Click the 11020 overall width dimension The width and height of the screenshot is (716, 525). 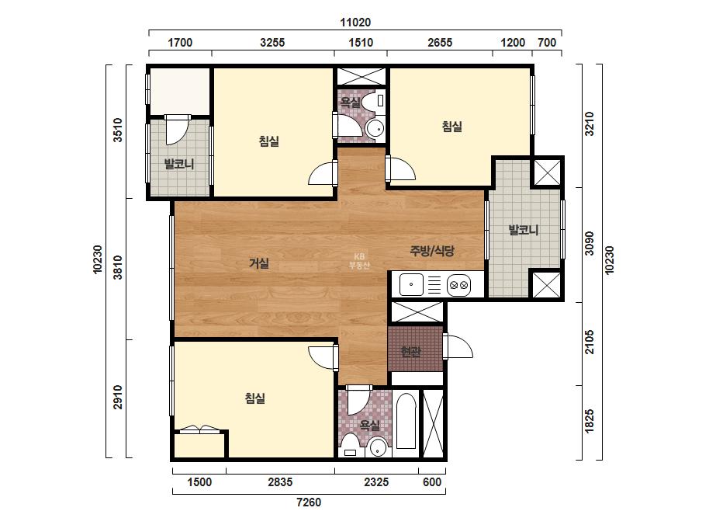(x=355, y=22)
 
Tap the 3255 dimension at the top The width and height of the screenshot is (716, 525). (x=272, y=43)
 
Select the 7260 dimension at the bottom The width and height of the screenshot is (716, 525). (x=309, y=502)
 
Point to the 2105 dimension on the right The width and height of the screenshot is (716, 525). (x=590, y=342)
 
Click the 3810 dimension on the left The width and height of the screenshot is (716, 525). (x=118, y=267)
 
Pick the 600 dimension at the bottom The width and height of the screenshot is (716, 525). (x=432, y=482)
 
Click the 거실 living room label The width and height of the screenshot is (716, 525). (x=259, y=263)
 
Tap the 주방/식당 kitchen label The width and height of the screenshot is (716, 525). (x=432, y=251)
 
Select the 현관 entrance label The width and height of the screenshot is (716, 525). (x=410, y=352)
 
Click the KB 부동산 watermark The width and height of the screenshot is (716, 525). (x=359, y=261)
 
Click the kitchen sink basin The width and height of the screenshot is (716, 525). (x=411, y=284)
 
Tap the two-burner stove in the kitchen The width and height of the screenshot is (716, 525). (x=458, y=285)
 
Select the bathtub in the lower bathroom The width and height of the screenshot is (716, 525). (x=406, y=420)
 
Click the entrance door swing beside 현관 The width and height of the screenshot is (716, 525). (x=458, y=346)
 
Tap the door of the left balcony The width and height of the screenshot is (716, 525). (x=177, y=130)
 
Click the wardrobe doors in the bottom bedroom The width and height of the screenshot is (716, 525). (x=199, y=429)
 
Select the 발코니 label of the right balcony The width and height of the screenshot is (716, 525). (x=524, y=230)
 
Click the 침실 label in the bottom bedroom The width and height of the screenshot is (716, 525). (x=254, y=398)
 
